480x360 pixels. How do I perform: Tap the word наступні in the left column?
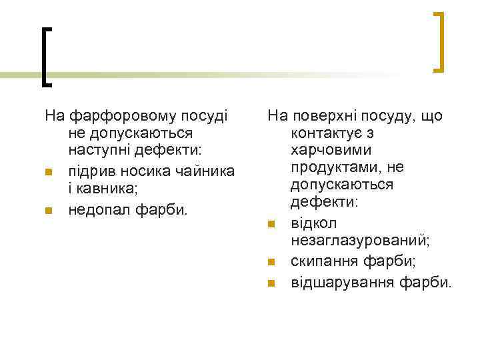(x=101, y=153)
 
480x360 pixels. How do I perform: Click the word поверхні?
(x=320, y=116)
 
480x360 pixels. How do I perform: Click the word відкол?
(x=314, y=223)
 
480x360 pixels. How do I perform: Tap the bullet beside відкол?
(x=271, y=224)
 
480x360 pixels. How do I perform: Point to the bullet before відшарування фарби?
(x=271, y=284)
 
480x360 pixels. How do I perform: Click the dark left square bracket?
(x=46, y=57)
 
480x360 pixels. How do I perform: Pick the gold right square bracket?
(x=438, y=41)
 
